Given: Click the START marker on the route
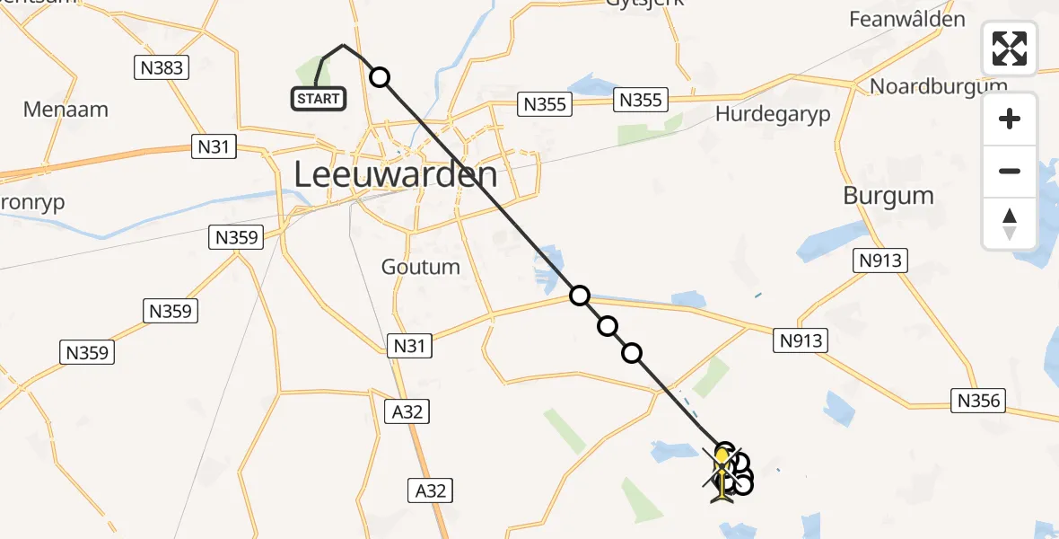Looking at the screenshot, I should click(x=319, y=98).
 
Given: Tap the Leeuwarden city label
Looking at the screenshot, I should click(x=396, y=174).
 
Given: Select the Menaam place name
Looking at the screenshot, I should click(x=66, y=110).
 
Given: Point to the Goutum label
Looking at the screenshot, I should click(x=420, y=267).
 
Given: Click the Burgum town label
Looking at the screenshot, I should click(x=888, y=196).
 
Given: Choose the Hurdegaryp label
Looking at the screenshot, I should click(x=773, y=114).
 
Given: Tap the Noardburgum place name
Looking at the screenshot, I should click(x=939, y=86).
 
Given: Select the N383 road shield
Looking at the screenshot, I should click(x=162, y=67).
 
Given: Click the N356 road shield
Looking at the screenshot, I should click(x=979, y=401).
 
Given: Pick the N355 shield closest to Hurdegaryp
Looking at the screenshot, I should click(x=641, y=100).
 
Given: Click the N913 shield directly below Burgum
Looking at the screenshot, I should click(x=880, y=261).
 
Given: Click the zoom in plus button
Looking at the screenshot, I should click(x=1010, y=119).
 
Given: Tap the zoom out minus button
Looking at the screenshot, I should click(x=1010, y=171).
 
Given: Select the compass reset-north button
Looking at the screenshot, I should click(x=1010, y=223).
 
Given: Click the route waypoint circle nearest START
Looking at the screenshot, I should click(x=380, y=77).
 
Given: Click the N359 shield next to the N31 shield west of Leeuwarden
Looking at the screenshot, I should click(x=237, y=238).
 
